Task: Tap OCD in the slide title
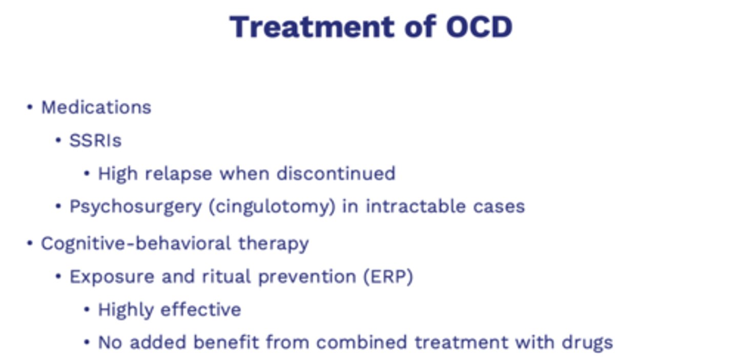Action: (479, 27)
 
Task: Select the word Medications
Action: (96, 108)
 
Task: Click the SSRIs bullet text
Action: (95, 141)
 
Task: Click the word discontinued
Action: (336, 174)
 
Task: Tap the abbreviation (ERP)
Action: (388, 277)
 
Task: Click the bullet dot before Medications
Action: (30, 108)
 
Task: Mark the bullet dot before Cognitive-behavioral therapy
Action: (30, 244)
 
